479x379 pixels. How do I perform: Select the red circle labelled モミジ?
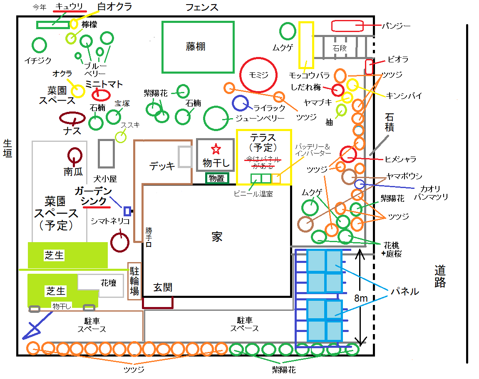pyautogui.click(x=258, y=75)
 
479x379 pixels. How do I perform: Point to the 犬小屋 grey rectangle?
pyautogui.click(x=106, y=154)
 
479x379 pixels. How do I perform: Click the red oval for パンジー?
pyautogui.click(x=347, y=26)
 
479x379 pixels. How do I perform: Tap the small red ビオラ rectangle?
pyautogui.click(x=369, y=67)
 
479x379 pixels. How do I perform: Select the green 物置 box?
pyautogui.click(x=216, y=178)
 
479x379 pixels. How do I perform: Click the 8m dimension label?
pyautogui.click(x=361, y=298)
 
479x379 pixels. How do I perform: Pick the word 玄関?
pyautogui.click(x=163, y=287)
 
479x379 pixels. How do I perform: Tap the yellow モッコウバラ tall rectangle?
pyautogui.click(x=306, y=45)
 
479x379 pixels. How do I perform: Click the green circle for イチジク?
pyautogui.click(x=39, y=45)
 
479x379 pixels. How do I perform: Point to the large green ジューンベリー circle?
pyautogui.click(x=216, y=118)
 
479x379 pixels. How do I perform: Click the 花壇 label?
pyautogui.click(x=108, y=283)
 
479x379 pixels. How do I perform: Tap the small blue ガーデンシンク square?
pyautogui.click(x=127, y=211)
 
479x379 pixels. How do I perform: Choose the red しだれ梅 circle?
pyautogui.click(x=338, y=89)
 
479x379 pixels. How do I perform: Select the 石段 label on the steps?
pyautogui.click(x=340, y=48)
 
